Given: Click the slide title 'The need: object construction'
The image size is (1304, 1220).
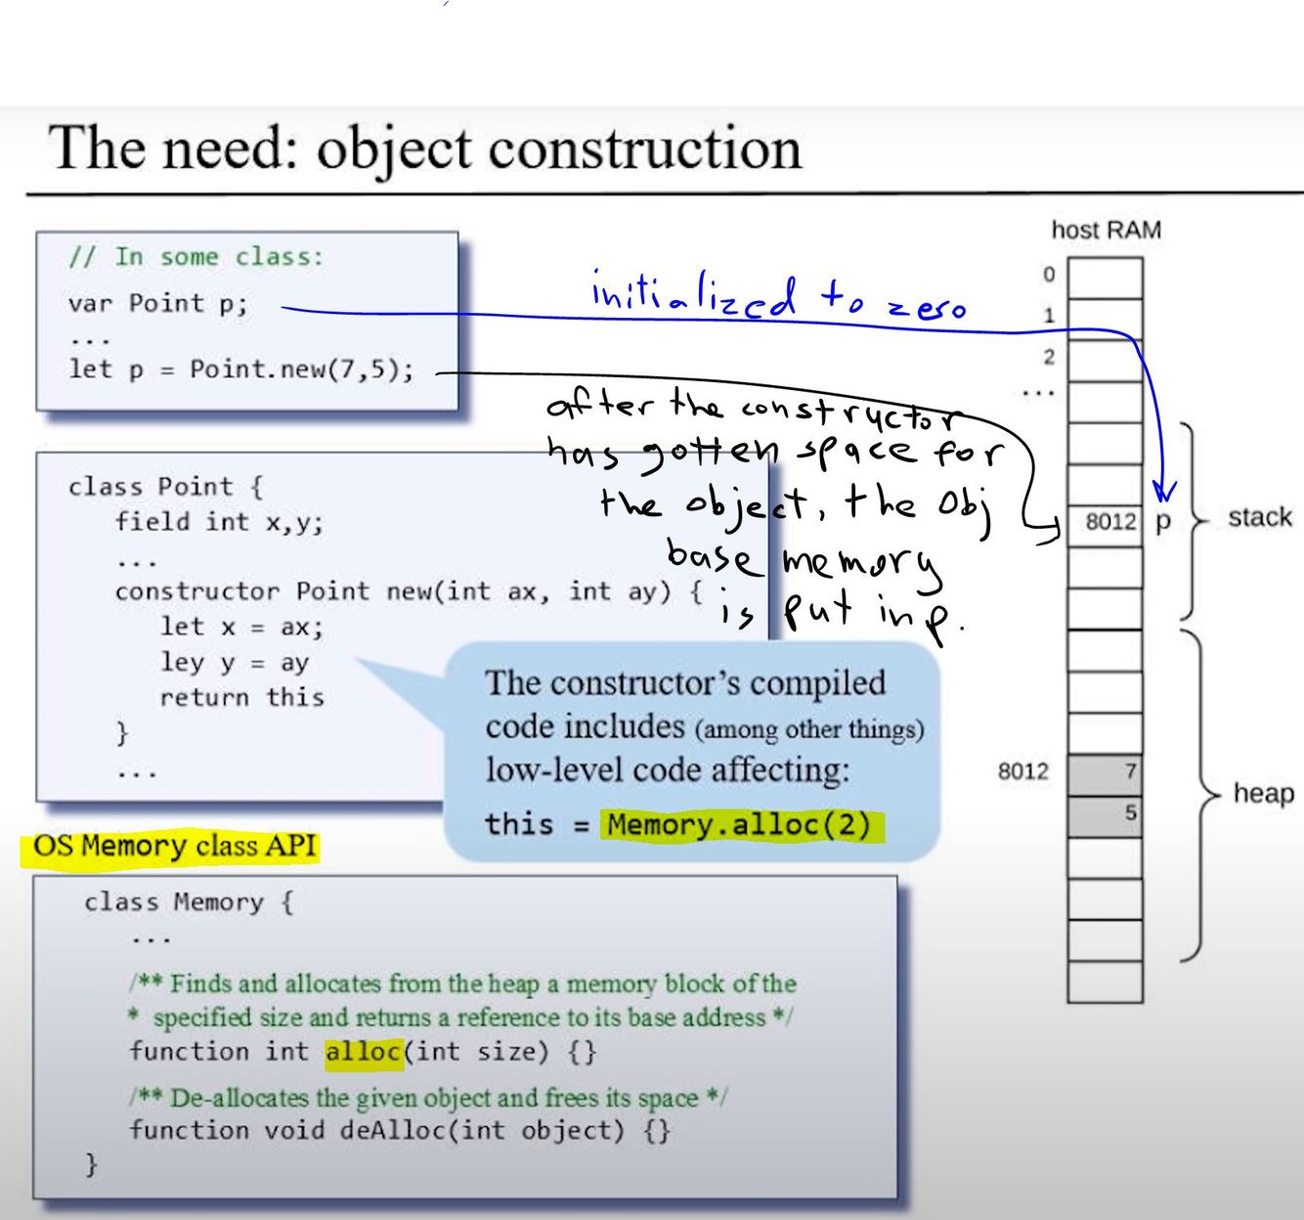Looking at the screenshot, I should (x=425, y=149).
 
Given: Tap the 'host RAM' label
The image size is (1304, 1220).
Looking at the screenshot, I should (x=1106, y=231).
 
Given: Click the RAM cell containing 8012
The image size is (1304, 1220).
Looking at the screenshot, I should (x=1106, y=521).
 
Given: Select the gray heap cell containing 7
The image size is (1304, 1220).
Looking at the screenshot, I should (x=1106, y=773).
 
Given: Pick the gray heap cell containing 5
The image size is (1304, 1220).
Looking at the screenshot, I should (x=1106, y=814).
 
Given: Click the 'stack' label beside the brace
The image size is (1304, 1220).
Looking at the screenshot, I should (x=1259, y=517).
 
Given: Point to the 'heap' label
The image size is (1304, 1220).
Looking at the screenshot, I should (x=1263, y=793).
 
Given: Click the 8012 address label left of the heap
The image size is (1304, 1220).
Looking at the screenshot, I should (x=1022, y=771).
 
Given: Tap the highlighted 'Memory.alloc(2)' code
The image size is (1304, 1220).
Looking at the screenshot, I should (x=739, y=825).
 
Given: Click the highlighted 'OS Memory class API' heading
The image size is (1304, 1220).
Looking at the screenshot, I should (x=175, y=846).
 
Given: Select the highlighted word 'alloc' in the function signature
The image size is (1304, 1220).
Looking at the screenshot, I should (x=364, y=1052).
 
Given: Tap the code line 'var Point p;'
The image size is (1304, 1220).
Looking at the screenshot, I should (x=158, y=303).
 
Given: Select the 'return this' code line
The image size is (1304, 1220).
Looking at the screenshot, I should (x=241, y=697).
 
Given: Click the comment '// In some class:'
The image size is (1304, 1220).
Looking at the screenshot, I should (x=196, y=257).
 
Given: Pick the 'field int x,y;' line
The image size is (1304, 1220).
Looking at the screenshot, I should (x=219, y=521).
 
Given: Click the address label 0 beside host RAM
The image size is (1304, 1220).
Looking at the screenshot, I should (x=1049, y=275).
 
